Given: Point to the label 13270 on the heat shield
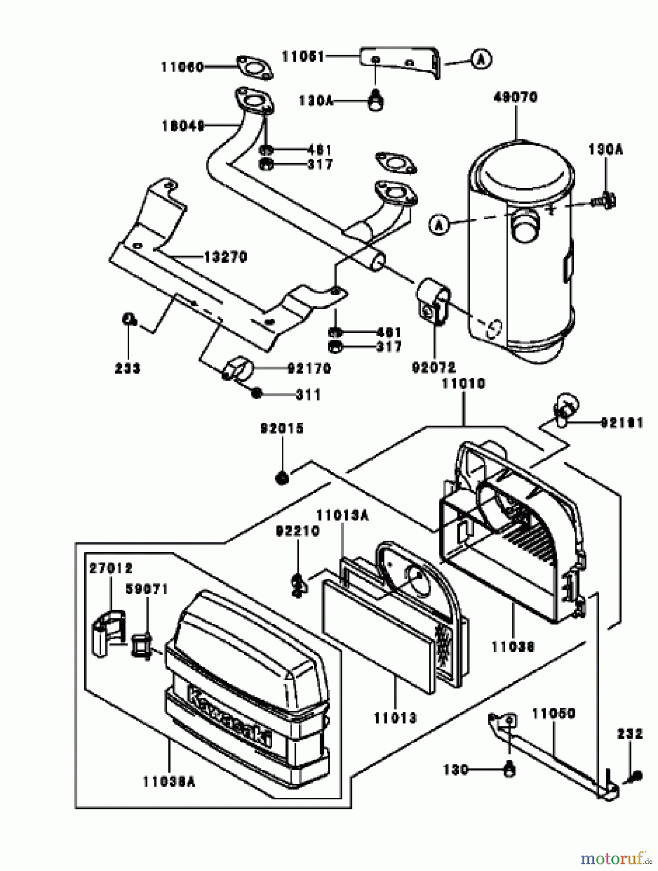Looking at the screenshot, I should [225, 257].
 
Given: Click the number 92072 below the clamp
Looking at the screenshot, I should [434, 368].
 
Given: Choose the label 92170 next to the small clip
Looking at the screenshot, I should [309, 369].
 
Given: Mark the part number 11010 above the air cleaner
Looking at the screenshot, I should [463, 384].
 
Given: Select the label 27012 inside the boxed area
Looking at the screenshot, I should [111, 568].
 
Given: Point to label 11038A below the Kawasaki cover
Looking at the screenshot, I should [169, 781].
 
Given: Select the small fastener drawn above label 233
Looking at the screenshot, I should [128, 319].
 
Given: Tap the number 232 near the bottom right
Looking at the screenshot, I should [629, 734].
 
